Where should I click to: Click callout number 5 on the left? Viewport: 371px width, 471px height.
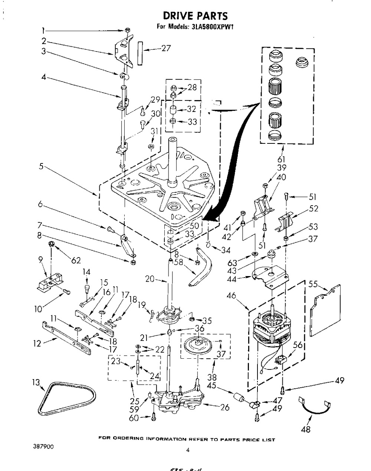tap(41, 166)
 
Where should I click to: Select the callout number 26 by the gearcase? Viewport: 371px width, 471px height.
tap(224, 408)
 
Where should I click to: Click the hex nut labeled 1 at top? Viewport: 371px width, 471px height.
tap(127, 30)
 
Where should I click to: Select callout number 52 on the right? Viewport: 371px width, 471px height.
tap(313, 209)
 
